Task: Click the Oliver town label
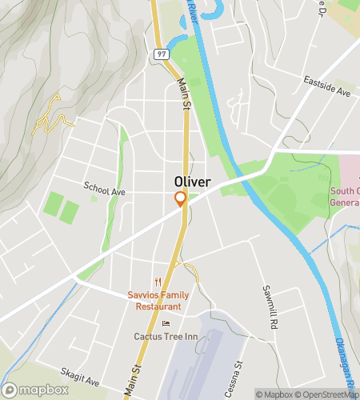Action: [192, 182]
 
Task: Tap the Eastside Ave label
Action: [326, 87]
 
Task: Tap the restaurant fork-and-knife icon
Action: [158, 282]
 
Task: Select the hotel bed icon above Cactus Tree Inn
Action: [166, 323]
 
